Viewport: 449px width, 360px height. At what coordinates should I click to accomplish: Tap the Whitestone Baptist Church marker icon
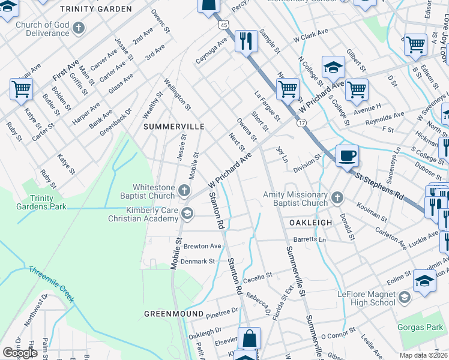pyautogui.click(x=185, y=192)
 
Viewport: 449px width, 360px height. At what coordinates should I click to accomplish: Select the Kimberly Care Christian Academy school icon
pyautogui.click(x=187, y=213)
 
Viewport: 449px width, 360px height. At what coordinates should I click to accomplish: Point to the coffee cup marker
pyautogui.click(x=347, y=155)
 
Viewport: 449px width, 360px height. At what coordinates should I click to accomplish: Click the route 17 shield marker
pyautogui.click(x=301, y=122)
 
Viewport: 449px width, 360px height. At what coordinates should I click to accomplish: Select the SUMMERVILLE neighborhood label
pyautogui.click(x=173, y=127)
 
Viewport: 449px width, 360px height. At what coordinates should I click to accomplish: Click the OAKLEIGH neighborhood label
pyautogui.click(x=311, y=222)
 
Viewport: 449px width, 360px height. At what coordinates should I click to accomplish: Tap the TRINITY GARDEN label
pyautogui.click(x=96, y=9)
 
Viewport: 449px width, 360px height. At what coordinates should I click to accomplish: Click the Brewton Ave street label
pyautogui.click(x=202, y=246)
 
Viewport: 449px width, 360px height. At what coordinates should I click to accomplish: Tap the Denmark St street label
pyautogui.click(x=198, y=262)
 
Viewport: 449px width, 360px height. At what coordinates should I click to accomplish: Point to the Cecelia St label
pyautogui.click(x=258, y=276)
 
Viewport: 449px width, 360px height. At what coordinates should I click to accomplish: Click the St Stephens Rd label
pyautogui.click(x=380, y=186)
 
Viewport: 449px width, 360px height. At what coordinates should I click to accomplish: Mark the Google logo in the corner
pyautogui.click(x=20, y=353)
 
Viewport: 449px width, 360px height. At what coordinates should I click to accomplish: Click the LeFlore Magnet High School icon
pyautogui.click(x=404, y=298)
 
